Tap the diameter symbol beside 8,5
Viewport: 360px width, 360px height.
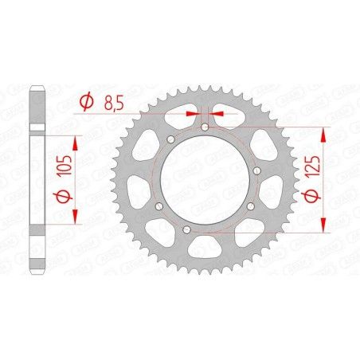pyautogui.click(x=88, y=101)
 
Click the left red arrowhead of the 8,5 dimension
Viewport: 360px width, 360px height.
pyautogui.click(x=192, y=113)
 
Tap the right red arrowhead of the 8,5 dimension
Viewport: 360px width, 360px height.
pyautogui.click(x=219, y=113)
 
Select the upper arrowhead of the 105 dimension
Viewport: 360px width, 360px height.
pyautogui.click(x=77, y=141)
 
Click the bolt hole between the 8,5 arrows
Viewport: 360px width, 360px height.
pyautogui.click(x=205, y=127)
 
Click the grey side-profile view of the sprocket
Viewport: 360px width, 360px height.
pyautogui.click(x=37, y=180)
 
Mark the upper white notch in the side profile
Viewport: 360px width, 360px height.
pyautogui.click(x=37, y=127)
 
